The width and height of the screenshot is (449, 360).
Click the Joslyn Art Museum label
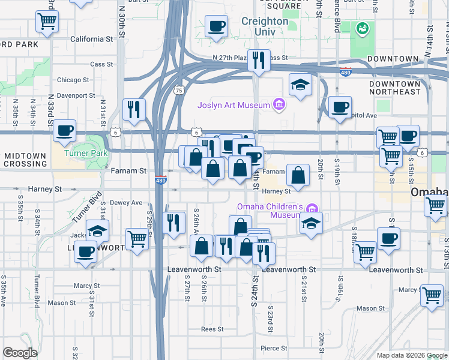(234, 106)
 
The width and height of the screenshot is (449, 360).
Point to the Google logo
(20, 353)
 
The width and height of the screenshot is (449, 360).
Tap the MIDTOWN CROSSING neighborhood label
(25, 160)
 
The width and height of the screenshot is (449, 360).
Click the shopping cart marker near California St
(47, 22)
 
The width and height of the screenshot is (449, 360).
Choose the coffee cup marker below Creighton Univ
(216, 26)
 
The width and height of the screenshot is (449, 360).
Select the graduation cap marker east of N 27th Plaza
(300, 85)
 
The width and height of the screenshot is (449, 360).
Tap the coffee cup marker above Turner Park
(64, 130)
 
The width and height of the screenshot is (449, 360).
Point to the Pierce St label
(273, 348)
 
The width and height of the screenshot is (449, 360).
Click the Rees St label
(212, 329)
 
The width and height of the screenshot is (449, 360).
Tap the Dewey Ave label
(128, 203)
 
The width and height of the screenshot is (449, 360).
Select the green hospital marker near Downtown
(363, 28)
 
